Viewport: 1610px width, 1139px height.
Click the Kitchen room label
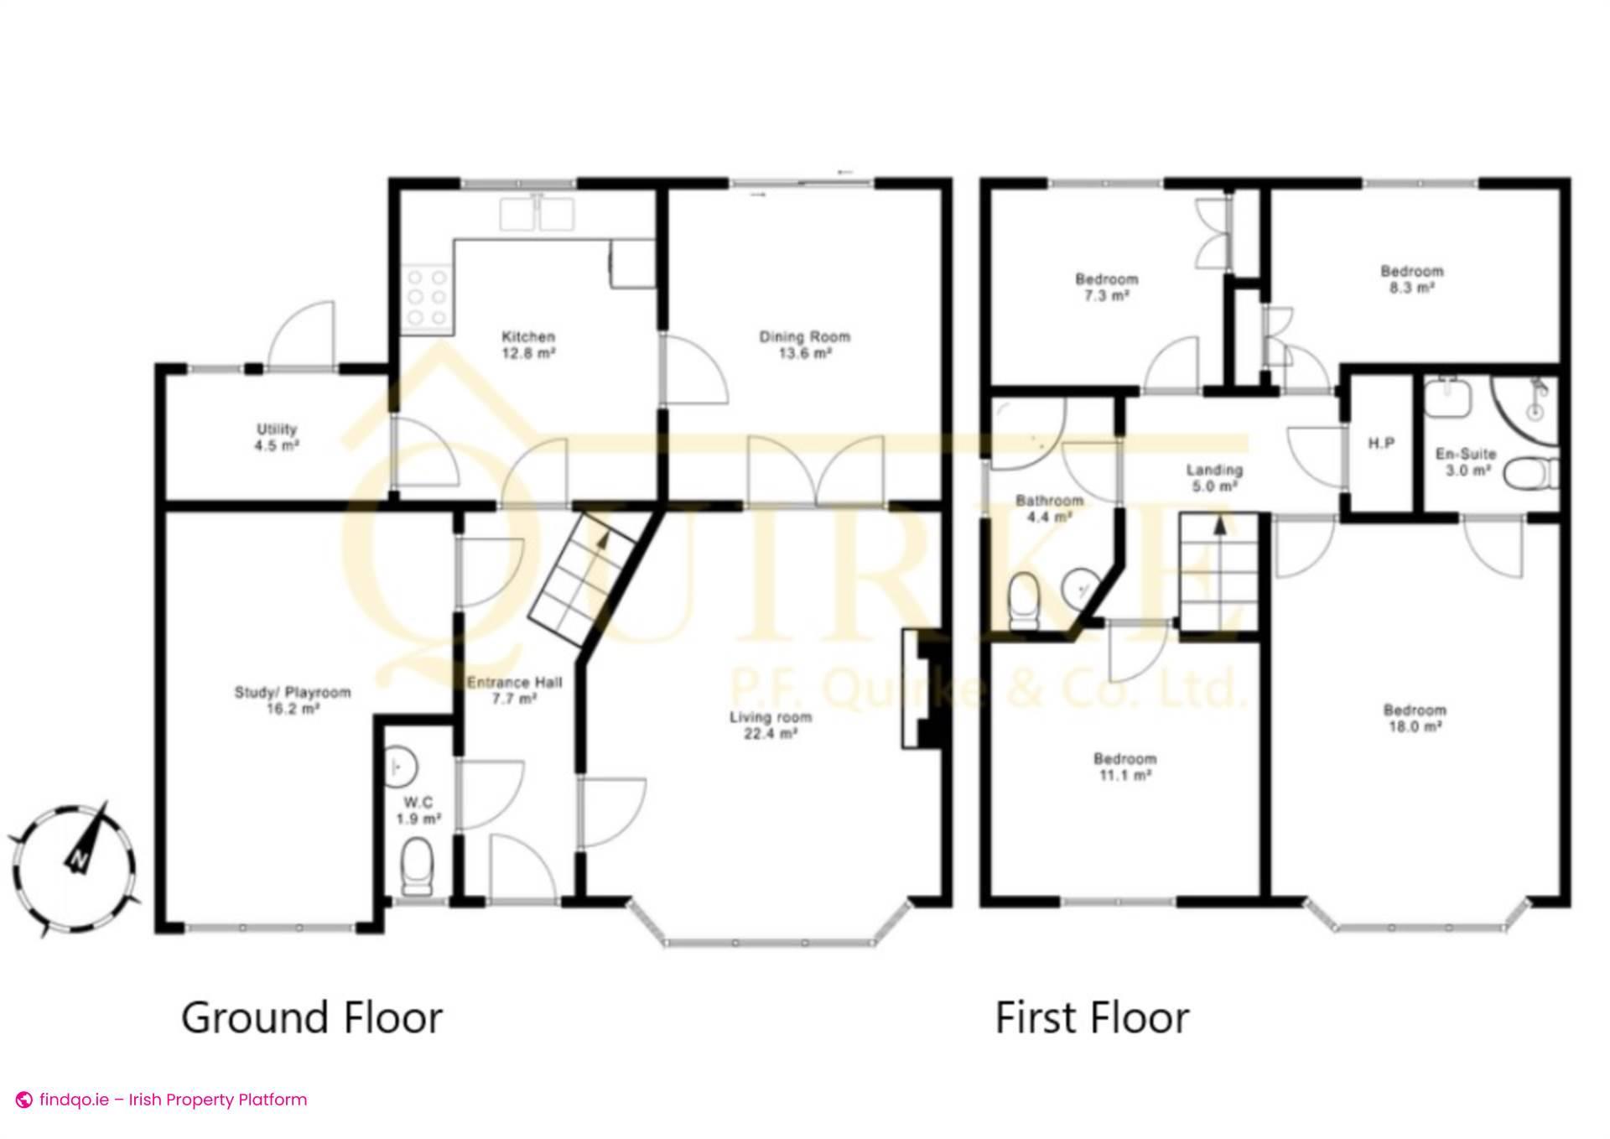[528, 345]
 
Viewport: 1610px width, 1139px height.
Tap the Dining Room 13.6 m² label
[804, 345]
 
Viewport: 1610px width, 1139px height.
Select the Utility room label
[277, 437]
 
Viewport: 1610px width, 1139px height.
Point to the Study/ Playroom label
[292, 700]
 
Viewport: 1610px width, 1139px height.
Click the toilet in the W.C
[417, 869]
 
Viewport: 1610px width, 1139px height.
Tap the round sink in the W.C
[402, 765]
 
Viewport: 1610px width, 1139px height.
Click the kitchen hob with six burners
[427, 297]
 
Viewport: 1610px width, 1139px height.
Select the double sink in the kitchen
[538, 214]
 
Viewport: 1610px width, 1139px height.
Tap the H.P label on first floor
[1381, 444]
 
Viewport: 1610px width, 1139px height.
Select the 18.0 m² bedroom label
[1415, 719]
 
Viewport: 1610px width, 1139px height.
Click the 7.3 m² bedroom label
[1107, 287]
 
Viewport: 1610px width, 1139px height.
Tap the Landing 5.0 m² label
[1214, 477]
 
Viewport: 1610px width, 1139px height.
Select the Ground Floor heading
[312, 1017]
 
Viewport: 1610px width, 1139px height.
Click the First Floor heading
[1092, 1017]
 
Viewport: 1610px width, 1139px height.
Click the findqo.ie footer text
[163, 1100]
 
